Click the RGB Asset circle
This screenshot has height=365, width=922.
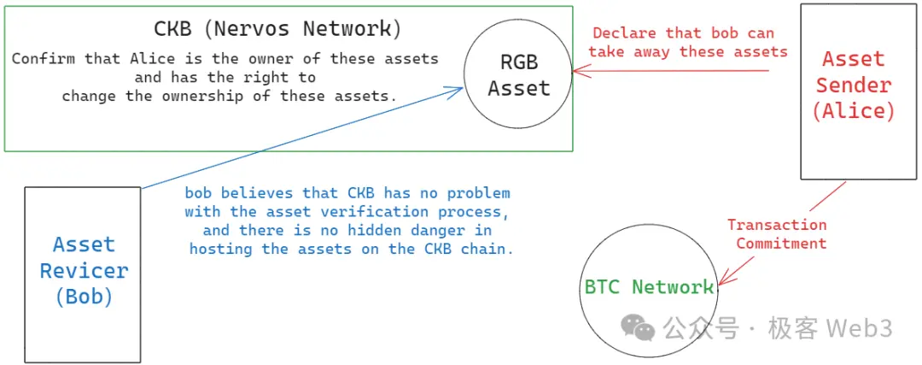519,75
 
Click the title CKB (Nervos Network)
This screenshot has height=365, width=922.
277,28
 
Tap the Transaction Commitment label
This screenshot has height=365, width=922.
777,234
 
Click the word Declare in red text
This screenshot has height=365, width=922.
624,33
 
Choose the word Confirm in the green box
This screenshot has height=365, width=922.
44,59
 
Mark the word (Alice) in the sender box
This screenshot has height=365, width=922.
854,111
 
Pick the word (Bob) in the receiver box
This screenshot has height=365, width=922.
84,297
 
